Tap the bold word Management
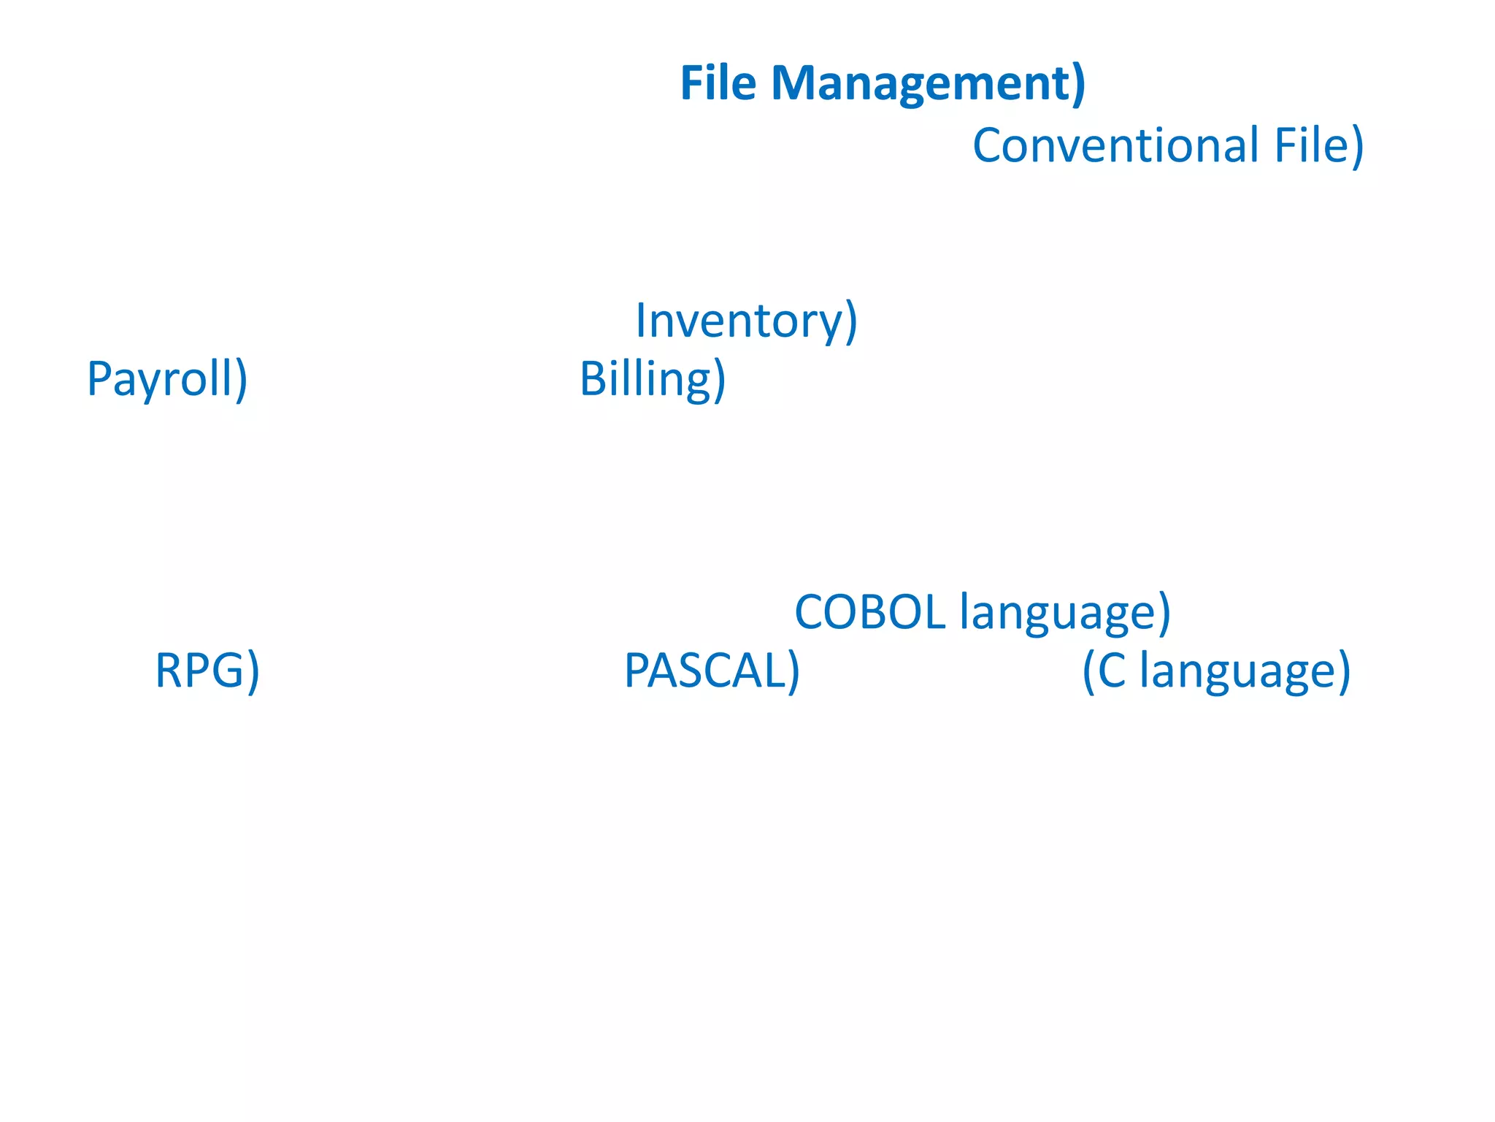point(921,84)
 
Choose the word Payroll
point(160,380)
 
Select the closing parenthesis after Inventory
point(850,321)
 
